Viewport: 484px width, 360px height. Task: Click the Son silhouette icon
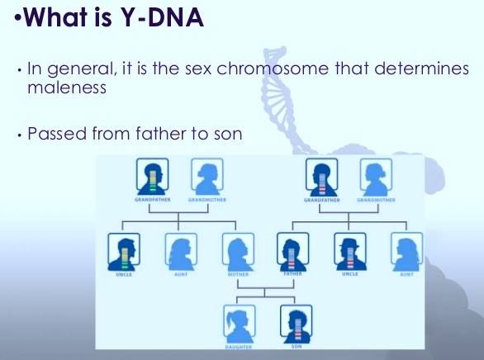[x=296, y=322]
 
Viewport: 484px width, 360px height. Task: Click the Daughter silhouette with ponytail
[x=239, y=322]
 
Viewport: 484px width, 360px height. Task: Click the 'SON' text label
[x=296, y=347]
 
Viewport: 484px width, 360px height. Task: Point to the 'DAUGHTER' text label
[x=238, y=347]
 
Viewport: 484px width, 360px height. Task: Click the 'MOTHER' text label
[x=238, y=273]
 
